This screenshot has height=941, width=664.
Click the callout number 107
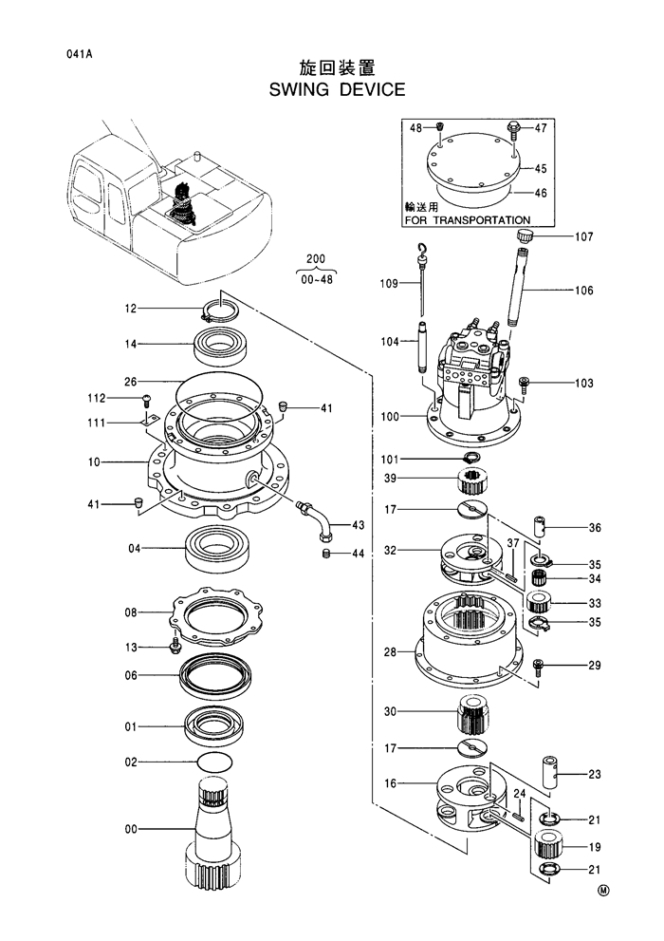pos(581,236)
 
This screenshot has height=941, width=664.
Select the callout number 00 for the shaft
pos(132,829)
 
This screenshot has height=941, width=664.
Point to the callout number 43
pos(358,525)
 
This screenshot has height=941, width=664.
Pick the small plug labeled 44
pos(327,553)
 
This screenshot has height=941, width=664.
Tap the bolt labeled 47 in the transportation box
pos(513,126)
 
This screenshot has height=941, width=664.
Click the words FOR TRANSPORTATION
pos(467,219)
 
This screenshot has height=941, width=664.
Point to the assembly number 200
pos(315,257)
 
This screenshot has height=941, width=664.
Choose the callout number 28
pos(390,651)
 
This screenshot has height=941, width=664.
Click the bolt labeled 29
pos(538,666)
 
